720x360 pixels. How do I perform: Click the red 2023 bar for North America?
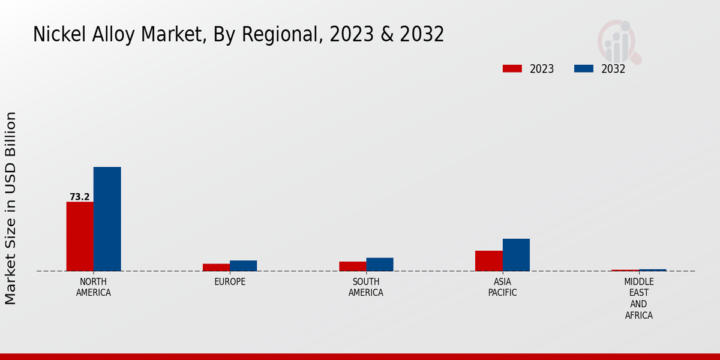click(x=80, y=236)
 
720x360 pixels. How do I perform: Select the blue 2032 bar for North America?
click(x=107, y=219)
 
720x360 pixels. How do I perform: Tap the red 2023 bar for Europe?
click(x=216, y=267)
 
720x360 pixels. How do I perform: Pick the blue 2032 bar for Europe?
click(x=243, y=266)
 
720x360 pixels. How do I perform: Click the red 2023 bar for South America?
click(x=352, y=266)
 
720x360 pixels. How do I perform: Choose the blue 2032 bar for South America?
click(x=380, y=264)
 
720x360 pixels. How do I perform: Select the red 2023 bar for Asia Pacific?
click(x=488, y=260)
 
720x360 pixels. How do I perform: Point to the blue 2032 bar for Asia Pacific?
click(x=516, y=254)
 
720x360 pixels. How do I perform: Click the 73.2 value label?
click(x=79, y=197)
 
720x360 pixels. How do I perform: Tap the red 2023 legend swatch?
click(x=512, y=69)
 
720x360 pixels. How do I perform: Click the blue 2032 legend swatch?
click(x=583, y=69)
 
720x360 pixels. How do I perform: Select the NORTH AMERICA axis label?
click(x=94, y=287)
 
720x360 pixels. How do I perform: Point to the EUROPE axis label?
click(x=230, y=282)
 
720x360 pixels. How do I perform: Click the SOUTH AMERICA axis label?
click(x=366, y=287)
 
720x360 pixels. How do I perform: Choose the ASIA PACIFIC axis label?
click(x=502, y=287)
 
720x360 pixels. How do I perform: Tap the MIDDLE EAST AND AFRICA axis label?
click(x=638, y=298)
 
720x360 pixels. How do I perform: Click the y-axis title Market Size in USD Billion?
click(x=11, y=208)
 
